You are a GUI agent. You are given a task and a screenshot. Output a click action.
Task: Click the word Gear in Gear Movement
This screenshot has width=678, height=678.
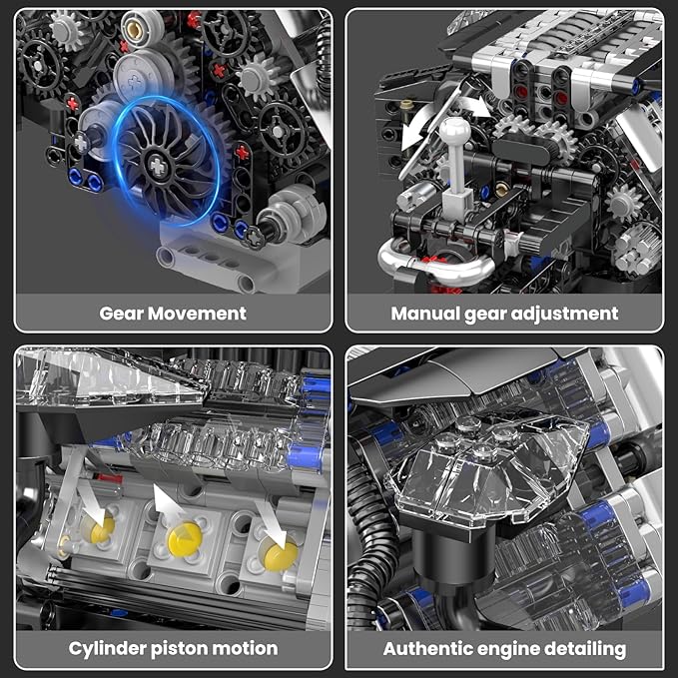(122, 314)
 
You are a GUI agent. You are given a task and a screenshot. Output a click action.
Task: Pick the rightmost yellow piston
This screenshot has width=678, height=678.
(279, 549)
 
